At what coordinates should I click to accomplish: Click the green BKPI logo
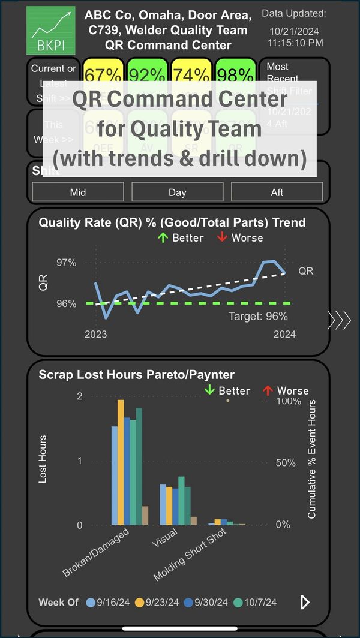50,31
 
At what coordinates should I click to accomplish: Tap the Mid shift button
78,192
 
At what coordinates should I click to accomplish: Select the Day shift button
178,192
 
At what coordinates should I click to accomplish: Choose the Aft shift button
277,192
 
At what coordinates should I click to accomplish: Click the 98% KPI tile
236,74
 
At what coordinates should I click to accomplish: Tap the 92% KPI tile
148,74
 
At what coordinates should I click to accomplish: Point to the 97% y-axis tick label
67,263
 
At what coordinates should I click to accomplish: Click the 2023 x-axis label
95,334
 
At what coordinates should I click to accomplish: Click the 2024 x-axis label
284,334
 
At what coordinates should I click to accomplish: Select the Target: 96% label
258,316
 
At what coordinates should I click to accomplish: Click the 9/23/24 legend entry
157,602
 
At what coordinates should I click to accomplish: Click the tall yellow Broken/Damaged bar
121,462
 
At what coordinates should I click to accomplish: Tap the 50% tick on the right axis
286,462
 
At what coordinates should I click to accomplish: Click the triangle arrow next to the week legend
305,602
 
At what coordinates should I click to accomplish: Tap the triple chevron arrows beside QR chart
339,320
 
